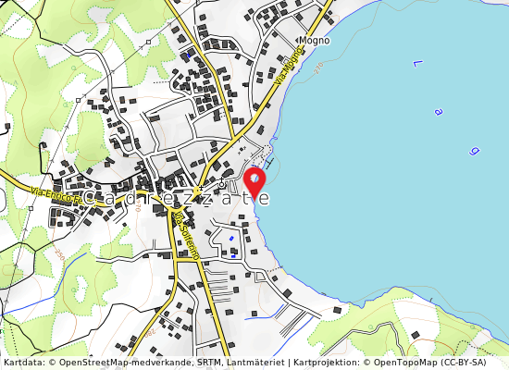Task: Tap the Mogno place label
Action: point(314,42)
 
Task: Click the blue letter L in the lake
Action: point(417,64)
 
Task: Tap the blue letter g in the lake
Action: point(474,149)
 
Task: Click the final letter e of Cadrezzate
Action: point(265,198)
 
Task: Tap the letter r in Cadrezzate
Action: point(163,198)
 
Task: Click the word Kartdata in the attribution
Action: point(22,362)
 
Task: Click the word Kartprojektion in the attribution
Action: point(323,362)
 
